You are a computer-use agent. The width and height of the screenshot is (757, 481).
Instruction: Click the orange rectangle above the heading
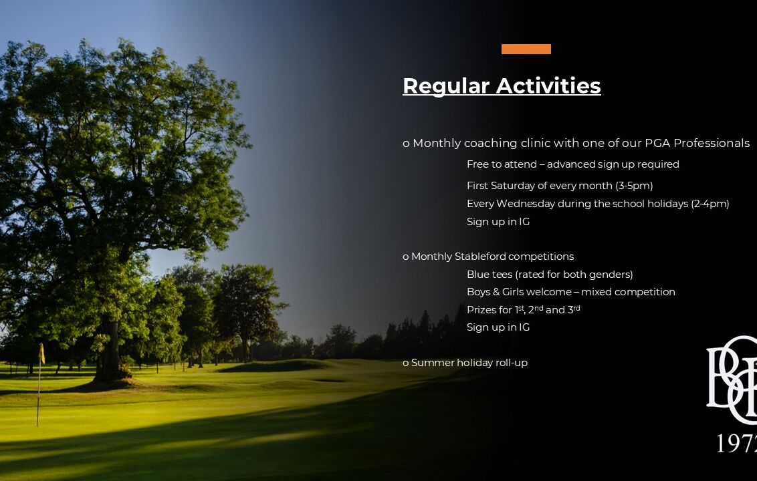coord(526,49)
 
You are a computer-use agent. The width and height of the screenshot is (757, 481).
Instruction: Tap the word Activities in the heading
coord(548,86)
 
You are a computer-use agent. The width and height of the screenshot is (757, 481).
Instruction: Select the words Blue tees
coord(490,275)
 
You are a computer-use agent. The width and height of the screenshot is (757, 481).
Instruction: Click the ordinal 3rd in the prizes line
coord(574,309)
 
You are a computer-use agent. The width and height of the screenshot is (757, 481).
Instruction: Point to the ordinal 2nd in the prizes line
coord(536,309)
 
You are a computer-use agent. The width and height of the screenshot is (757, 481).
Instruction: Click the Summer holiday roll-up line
coord(465,363)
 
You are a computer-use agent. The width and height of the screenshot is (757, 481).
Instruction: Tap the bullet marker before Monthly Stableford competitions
coord(405,257)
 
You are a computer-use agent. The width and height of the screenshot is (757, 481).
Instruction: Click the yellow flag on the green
coord(41,353)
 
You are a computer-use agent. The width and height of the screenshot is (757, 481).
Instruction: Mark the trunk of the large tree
coord(110,347)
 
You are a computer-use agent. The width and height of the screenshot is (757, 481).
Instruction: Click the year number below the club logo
coord(736,443)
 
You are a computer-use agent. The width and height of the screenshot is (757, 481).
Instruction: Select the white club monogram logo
coord(732,379)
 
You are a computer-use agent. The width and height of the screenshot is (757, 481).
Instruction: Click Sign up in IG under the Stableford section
coord(498,327)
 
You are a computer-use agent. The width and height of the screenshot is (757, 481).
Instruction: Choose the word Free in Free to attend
coord(478,164)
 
